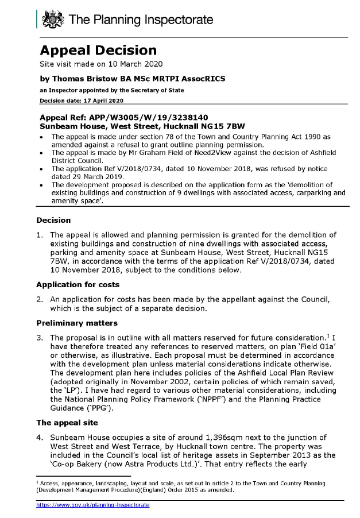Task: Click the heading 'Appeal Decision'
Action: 98,50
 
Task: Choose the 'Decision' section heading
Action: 53,220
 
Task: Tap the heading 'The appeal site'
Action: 65,422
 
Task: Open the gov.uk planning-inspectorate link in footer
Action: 92,505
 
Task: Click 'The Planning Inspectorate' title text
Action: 141,21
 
